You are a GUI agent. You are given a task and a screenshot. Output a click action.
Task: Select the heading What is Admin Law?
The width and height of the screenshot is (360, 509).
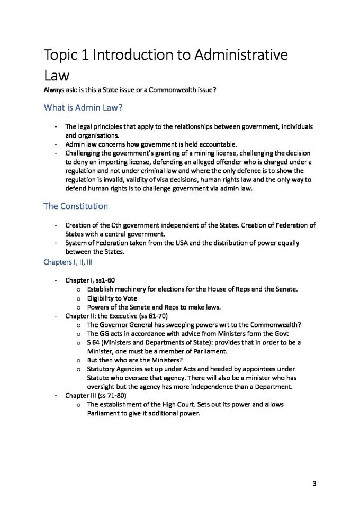(x=79, y=108)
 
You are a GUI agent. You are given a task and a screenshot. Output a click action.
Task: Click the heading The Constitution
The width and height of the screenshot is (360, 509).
(x=75, y=206)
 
